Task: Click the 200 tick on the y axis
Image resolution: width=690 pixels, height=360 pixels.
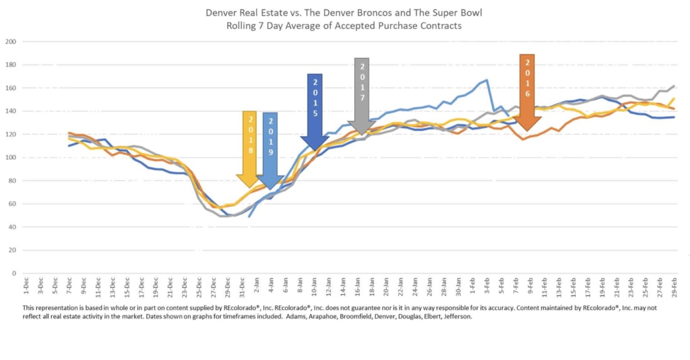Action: (11, 42)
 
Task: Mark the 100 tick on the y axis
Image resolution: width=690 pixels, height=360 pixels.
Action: (11, 158)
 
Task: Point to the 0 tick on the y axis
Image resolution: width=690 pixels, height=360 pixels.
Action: (13, 274)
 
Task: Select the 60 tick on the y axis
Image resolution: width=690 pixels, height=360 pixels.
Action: (12, 204)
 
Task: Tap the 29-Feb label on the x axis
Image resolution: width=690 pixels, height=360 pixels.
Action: (675, 289)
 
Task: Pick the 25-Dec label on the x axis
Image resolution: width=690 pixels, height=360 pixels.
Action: (199, 289)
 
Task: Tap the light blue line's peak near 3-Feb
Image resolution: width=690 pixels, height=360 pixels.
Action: (487, 80)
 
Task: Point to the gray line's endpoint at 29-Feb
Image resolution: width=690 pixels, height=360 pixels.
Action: (675, 86)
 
